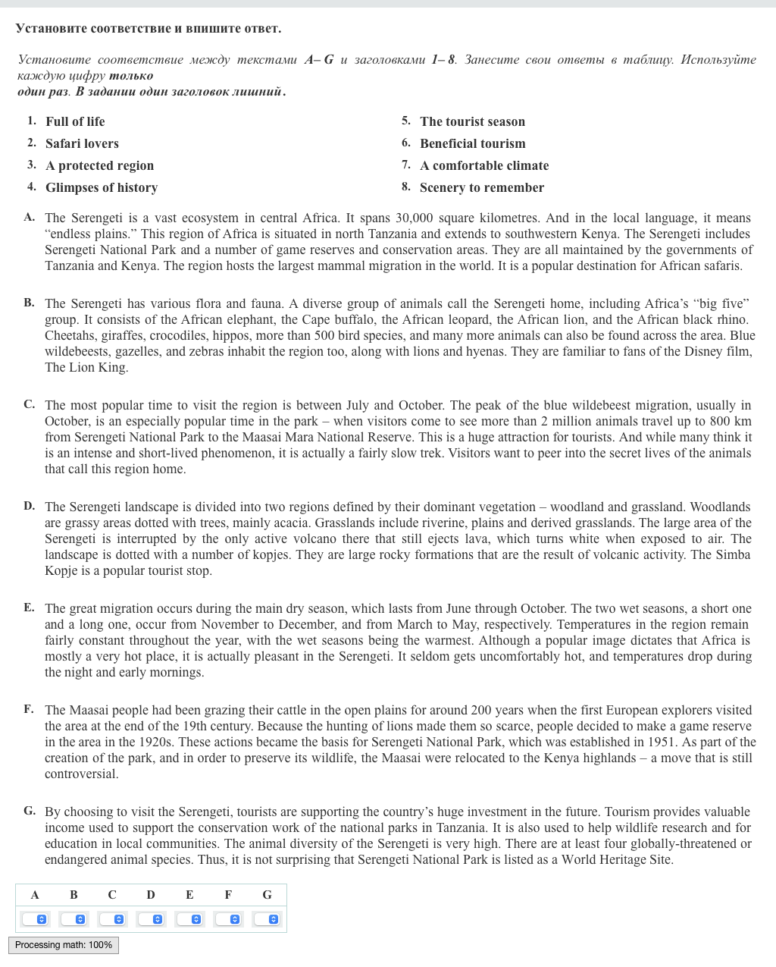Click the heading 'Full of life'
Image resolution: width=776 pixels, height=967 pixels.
click(75, 121)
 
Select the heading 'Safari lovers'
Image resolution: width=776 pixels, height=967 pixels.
click(82, 143)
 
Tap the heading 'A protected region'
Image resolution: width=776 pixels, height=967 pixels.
click(99, 165)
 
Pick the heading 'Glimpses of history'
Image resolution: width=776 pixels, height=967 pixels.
click(102, 187)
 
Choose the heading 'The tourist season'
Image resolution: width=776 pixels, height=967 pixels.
click(472, 121)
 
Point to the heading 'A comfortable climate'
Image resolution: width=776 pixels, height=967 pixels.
click(484, 165)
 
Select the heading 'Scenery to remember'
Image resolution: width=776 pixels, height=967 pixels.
click(482, 187)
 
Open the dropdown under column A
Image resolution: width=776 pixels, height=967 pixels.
click(35, 919)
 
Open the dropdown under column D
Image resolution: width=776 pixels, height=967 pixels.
click(151, 919)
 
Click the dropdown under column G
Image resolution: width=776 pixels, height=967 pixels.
click(267, 919)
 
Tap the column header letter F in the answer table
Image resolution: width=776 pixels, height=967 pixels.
click(228, 895)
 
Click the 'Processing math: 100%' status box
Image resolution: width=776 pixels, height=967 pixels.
click(64, 945)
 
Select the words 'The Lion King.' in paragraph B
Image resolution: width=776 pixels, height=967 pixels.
click(86, 368)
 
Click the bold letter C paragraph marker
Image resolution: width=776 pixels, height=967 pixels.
click(29, 404)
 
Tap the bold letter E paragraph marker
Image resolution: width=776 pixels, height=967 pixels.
click(29, 608)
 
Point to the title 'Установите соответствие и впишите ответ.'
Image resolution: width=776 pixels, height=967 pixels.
click(149, 29)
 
